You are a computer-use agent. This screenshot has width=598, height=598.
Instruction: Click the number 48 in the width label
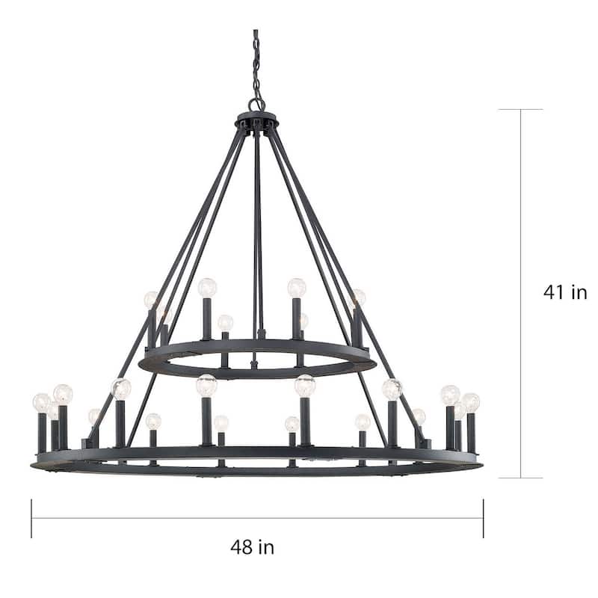tap(241, 547)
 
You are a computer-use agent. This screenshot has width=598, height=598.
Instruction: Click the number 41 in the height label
tap(555, 292)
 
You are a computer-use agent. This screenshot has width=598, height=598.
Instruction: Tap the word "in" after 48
tap(267, 546)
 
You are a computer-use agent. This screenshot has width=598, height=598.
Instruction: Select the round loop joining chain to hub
tap(256, 105)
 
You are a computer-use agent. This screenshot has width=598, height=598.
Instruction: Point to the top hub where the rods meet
tap(257, 121)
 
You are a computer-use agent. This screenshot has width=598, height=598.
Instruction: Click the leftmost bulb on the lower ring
tap(42, 403)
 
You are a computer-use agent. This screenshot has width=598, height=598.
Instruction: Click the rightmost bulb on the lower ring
tap(471, 403)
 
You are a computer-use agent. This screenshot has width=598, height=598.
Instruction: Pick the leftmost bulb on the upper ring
tap(151, 300)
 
